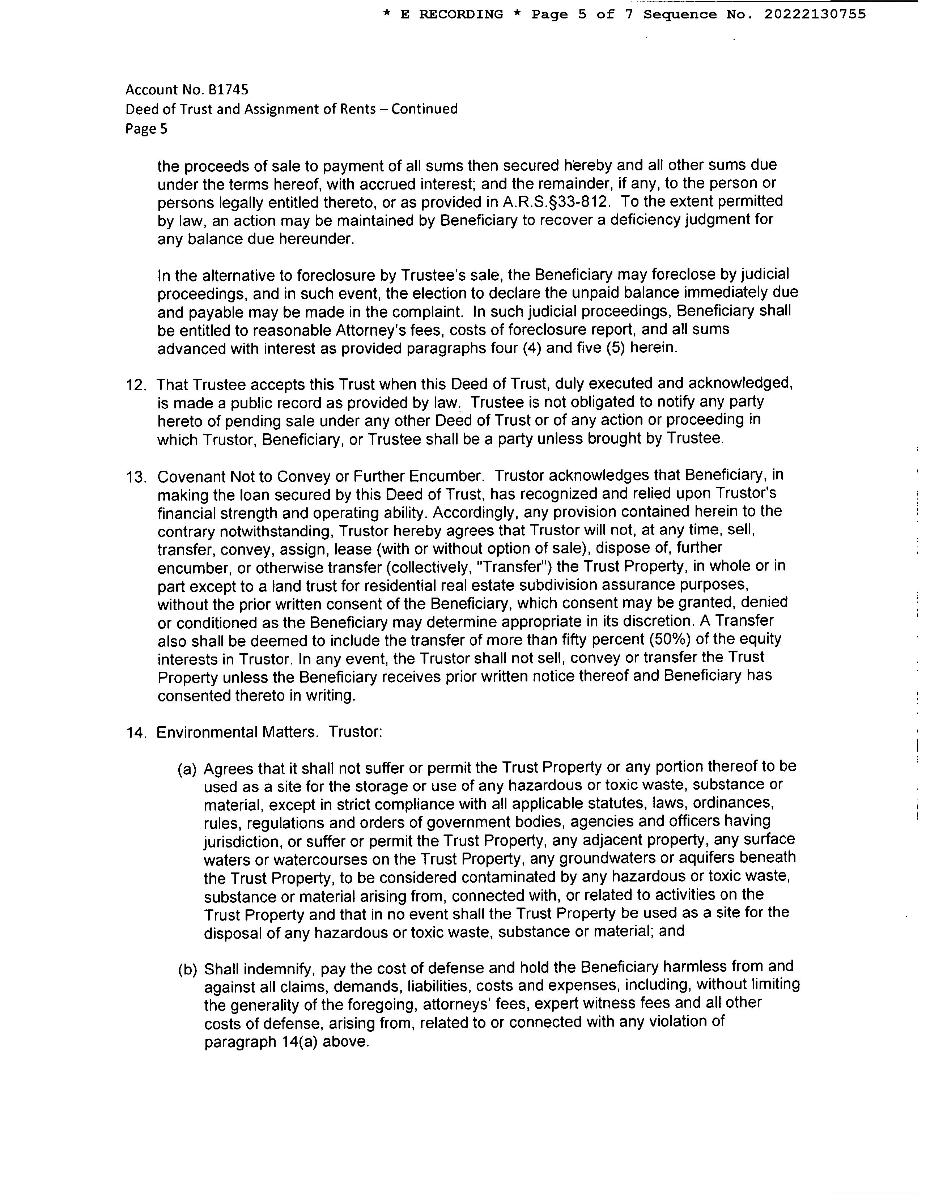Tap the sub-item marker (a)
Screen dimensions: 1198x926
[x=187, y=770]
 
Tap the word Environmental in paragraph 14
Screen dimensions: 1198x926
[x=209, y=732]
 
